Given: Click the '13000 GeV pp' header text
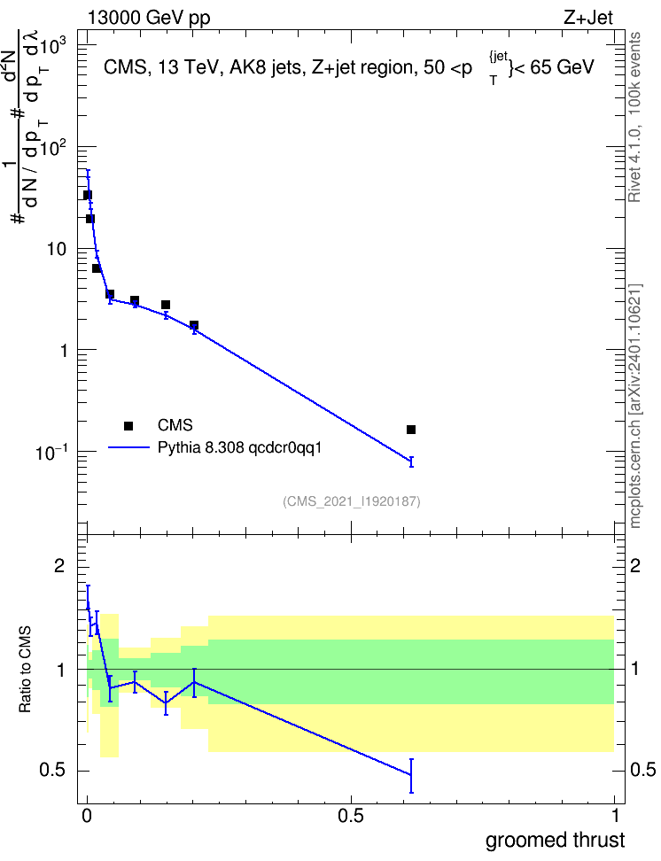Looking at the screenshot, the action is click(x=148, y=18).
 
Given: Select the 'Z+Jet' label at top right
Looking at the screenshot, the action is click(x=588, y=18).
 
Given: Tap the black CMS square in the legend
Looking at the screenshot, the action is click(x=128, y=425).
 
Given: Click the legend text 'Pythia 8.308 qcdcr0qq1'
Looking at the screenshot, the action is click(x=239, y=447).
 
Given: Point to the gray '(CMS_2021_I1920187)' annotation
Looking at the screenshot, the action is click(x=352, y=501).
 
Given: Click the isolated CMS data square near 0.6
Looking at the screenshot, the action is click(x=411, y=430).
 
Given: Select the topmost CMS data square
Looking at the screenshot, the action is click(x=88, y=195).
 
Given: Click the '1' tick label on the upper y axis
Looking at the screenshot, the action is click(x=63, y=350).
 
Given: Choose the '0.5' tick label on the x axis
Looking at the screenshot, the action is click(x=351, y=816).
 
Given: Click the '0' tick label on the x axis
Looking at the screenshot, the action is click(x=87, y=816).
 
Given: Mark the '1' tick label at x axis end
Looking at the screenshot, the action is click(x=615, y=816).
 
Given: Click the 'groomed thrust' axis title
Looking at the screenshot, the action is click(x=555, y=841).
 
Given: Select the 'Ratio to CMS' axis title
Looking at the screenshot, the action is click(x=25, y=670).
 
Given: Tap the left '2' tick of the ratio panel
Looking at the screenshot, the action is click(x=59, y=566).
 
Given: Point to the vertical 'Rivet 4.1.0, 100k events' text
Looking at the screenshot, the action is click(x=634, y=117).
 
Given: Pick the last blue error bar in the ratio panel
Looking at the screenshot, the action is click(x=411, y=776).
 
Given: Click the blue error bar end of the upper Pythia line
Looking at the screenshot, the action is click(x=411, y=462).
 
